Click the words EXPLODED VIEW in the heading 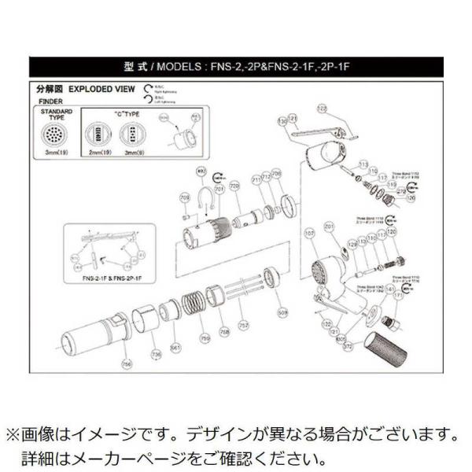(97, 90)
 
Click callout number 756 (127, 364)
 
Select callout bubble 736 (157, 356)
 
